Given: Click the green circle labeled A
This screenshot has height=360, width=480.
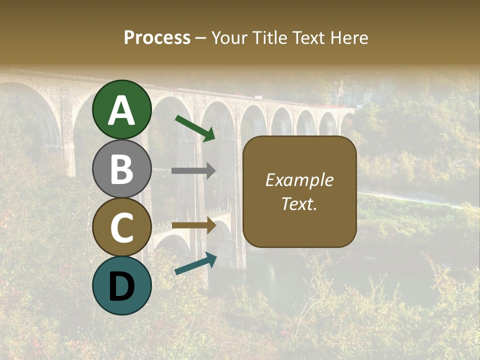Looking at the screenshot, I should tap(122, 109).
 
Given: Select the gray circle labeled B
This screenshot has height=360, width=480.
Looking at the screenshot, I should tap(122, 168).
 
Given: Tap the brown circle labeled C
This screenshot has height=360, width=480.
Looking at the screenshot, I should tap(122, 227).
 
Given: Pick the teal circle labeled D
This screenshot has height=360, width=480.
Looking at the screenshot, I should tap(122, 285).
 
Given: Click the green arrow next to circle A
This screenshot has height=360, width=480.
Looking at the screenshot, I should tap(195, 128).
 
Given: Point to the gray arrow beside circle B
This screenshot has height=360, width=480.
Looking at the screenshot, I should tap(193, 170).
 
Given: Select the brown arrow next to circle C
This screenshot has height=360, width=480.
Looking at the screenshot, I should tap(193, 225).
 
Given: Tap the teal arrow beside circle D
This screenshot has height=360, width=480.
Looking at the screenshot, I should tap(195, 264).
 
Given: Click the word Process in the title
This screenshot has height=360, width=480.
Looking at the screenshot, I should tap(157, 38).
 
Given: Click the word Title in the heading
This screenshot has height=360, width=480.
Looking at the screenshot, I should tap(270, 38).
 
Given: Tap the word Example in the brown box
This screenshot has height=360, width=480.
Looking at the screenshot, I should tap(299, 180).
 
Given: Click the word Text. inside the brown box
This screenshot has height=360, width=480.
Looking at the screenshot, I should tap(299, 203).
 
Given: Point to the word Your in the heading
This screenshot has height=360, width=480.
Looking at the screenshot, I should tap(230, 38).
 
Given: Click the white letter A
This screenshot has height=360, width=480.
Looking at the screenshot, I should tap(122, 110).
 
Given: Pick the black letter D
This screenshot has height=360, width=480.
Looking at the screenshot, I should tap(122, 286).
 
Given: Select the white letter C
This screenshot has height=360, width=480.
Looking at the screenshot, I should tap(122, 228).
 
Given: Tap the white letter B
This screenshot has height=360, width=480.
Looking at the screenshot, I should tap(122, 169).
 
